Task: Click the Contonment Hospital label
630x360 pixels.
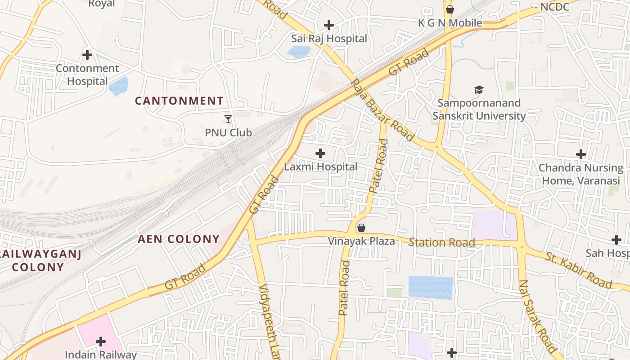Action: click(x=87, y=75)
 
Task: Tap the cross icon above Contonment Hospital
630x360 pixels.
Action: click(x=87, y=55)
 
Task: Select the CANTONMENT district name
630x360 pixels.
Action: click(x=179, y=101)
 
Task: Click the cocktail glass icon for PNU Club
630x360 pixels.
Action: click(x=228, y=119)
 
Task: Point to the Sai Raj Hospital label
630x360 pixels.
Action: click(x=329, y=39)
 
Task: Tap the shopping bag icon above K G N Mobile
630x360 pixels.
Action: click(x=450, y=9)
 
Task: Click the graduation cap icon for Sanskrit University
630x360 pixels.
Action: click(x=479, y=90)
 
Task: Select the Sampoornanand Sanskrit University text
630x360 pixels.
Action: click(x=479, y=109)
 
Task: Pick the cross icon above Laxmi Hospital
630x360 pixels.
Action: click(x=320, y=153)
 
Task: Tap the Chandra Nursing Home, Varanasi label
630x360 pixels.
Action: click(x=581, y=174)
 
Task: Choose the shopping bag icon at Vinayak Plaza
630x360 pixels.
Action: click(x=361, y=228)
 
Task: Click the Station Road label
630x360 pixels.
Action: click(x=441, y=243)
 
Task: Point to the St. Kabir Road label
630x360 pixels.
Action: click(x=579, y=270)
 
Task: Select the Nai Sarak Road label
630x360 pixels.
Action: click(x=538, y=316)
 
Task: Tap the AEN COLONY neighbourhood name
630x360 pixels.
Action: click(x=179, y=239)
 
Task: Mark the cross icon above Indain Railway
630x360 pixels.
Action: click(x=101, y=342)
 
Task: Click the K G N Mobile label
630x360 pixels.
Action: click(x=450, y=23)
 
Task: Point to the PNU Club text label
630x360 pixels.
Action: click(x=228, y=133)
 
